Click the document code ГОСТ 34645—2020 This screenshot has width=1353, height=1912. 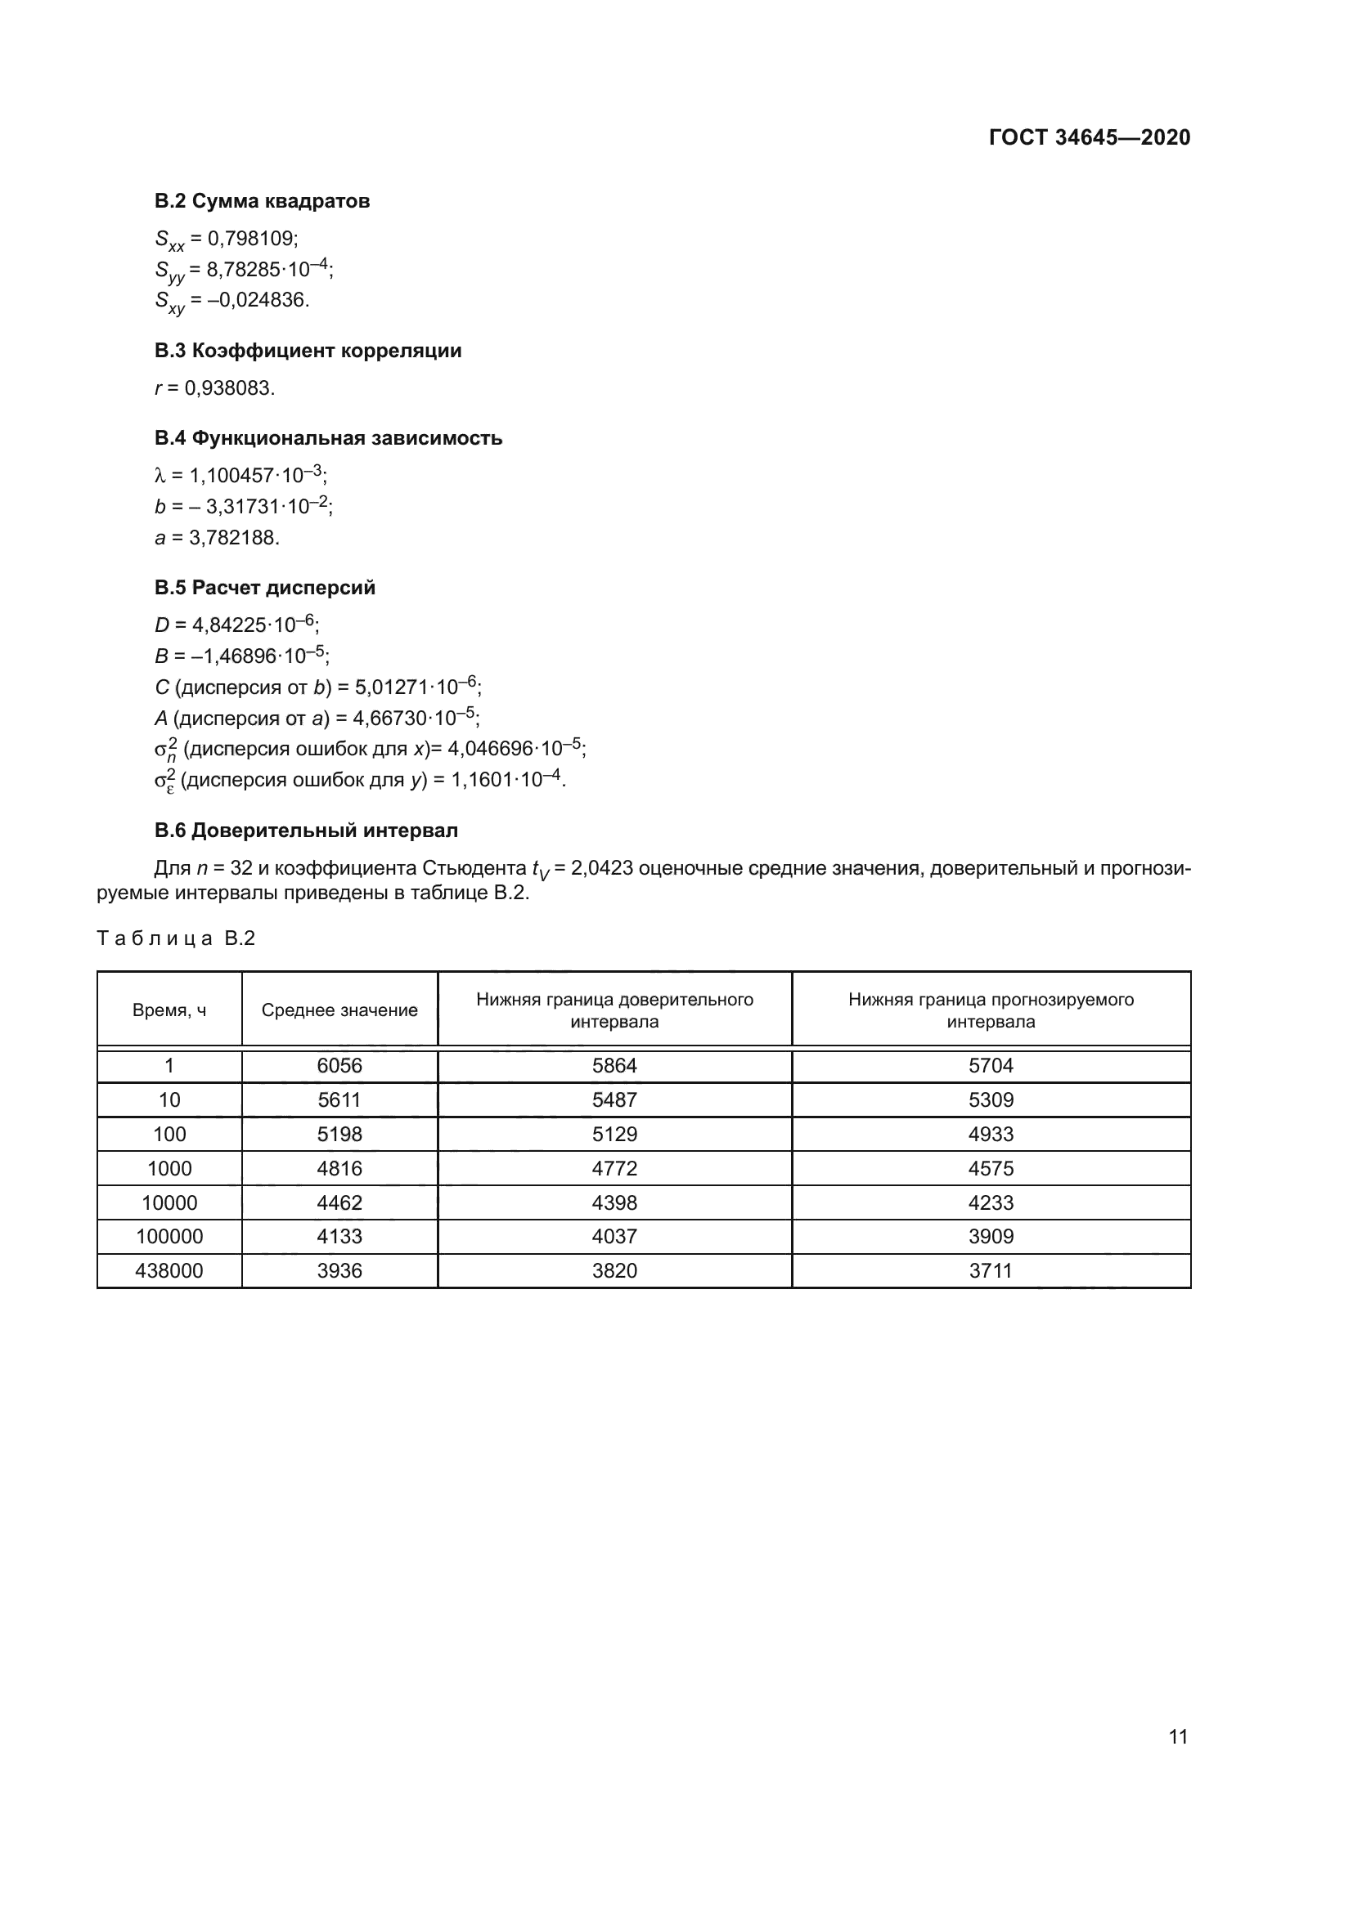point(1089,137)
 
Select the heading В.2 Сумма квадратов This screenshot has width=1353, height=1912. point(262,201)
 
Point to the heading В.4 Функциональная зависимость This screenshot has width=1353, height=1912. point(328,438)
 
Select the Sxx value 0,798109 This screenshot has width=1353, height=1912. point(253,239)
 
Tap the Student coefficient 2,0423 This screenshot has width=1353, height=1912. point(601,869)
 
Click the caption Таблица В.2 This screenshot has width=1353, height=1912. point(176,938)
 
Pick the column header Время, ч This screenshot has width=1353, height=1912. point(169,1010)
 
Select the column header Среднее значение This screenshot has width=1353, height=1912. point(339,1010)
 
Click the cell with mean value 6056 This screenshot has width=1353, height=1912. point(339,1066)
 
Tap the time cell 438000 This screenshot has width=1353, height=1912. point(169,1271)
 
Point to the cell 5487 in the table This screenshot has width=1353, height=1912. point(614,1100)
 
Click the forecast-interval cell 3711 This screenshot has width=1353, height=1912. point(991,1271)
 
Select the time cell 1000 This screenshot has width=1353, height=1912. point(169,1168)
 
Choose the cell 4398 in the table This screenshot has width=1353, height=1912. point(614,1202)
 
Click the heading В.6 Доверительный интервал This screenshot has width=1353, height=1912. point(306,831)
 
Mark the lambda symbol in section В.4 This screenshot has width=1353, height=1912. point(161,476)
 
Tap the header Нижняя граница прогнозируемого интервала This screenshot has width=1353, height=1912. point(991,1010)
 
